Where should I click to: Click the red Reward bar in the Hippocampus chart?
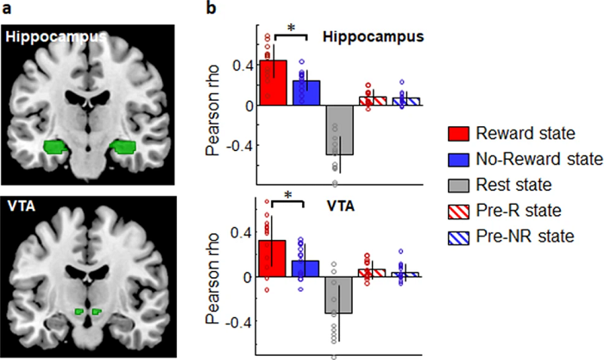(x=273, y=83)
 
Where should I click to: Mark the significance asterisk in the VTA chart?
(x=290, y=198)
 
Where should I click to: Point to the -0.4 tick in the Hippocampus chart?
(x=239, y=145)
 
